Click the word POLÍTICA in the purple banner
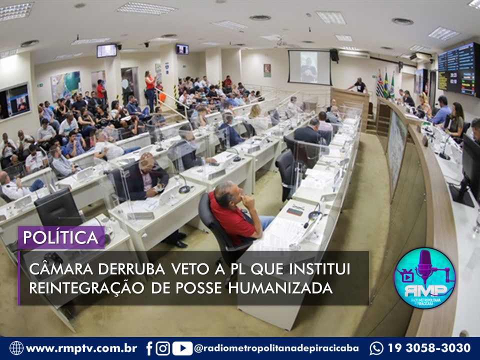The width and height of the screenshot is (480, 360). click(x=60, y=237)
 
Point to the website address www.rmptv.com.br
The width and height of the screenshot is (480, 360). click(x=81, y=348)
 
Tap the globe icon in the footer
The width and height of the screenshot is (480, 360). click(x=16, y=348)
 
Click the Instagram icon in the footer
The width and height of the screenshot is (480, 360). click(x=163, y=348)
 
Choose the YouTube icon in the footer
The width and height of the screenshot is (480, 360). click(x=182, y=348)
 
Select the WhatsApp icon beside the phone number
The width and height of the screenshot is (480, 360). click(x=376, y=348)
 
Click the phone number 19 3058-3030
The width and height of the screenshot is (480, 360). click(x=429, y=348)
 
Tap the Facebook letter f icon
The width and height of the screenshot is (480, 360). click(x=149, y=348)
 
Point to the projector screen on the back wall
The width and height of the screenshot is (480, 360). click(x=309, y=67)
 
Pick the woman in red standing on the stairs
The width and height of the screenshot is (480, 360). click(x=150, y=90)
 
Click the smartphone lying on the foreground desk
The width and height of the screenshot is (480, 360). click(x=295, y=212)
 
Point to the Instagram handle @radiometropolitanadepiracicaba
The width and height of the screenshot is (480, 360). click(x=276, y=348)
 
